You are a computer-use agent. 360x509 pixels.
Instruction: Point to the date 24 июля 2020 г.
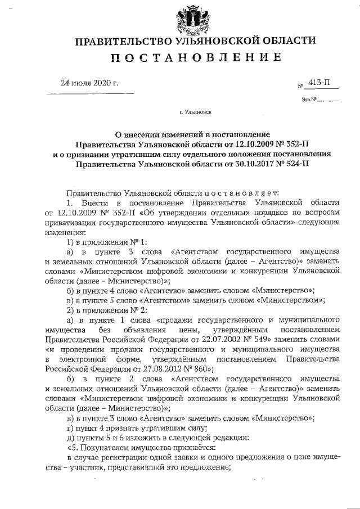[x=90, y=84]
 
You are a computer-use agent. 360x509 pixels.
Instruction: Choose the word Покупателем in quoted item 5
[x=104, y=447]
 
